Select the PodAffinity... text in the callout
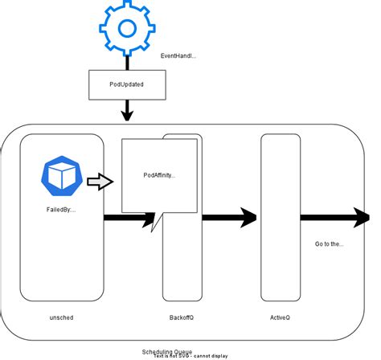tap(159, 174)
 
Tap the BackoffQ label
tap(181, 317)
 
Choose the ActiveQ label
tap(281, 317)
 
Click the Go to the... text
tap(330, 243)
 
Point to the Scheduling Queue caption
tap(167, 351)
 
